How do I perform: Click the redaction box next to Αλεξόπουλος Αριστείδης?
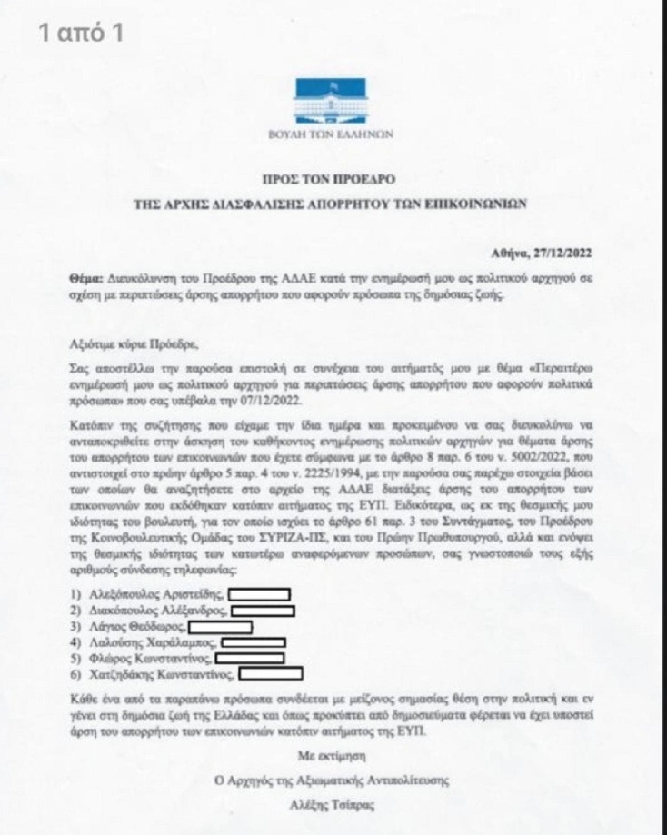(260, 594)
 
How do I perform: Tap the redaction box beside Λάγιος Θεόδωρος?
(220, 627)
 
